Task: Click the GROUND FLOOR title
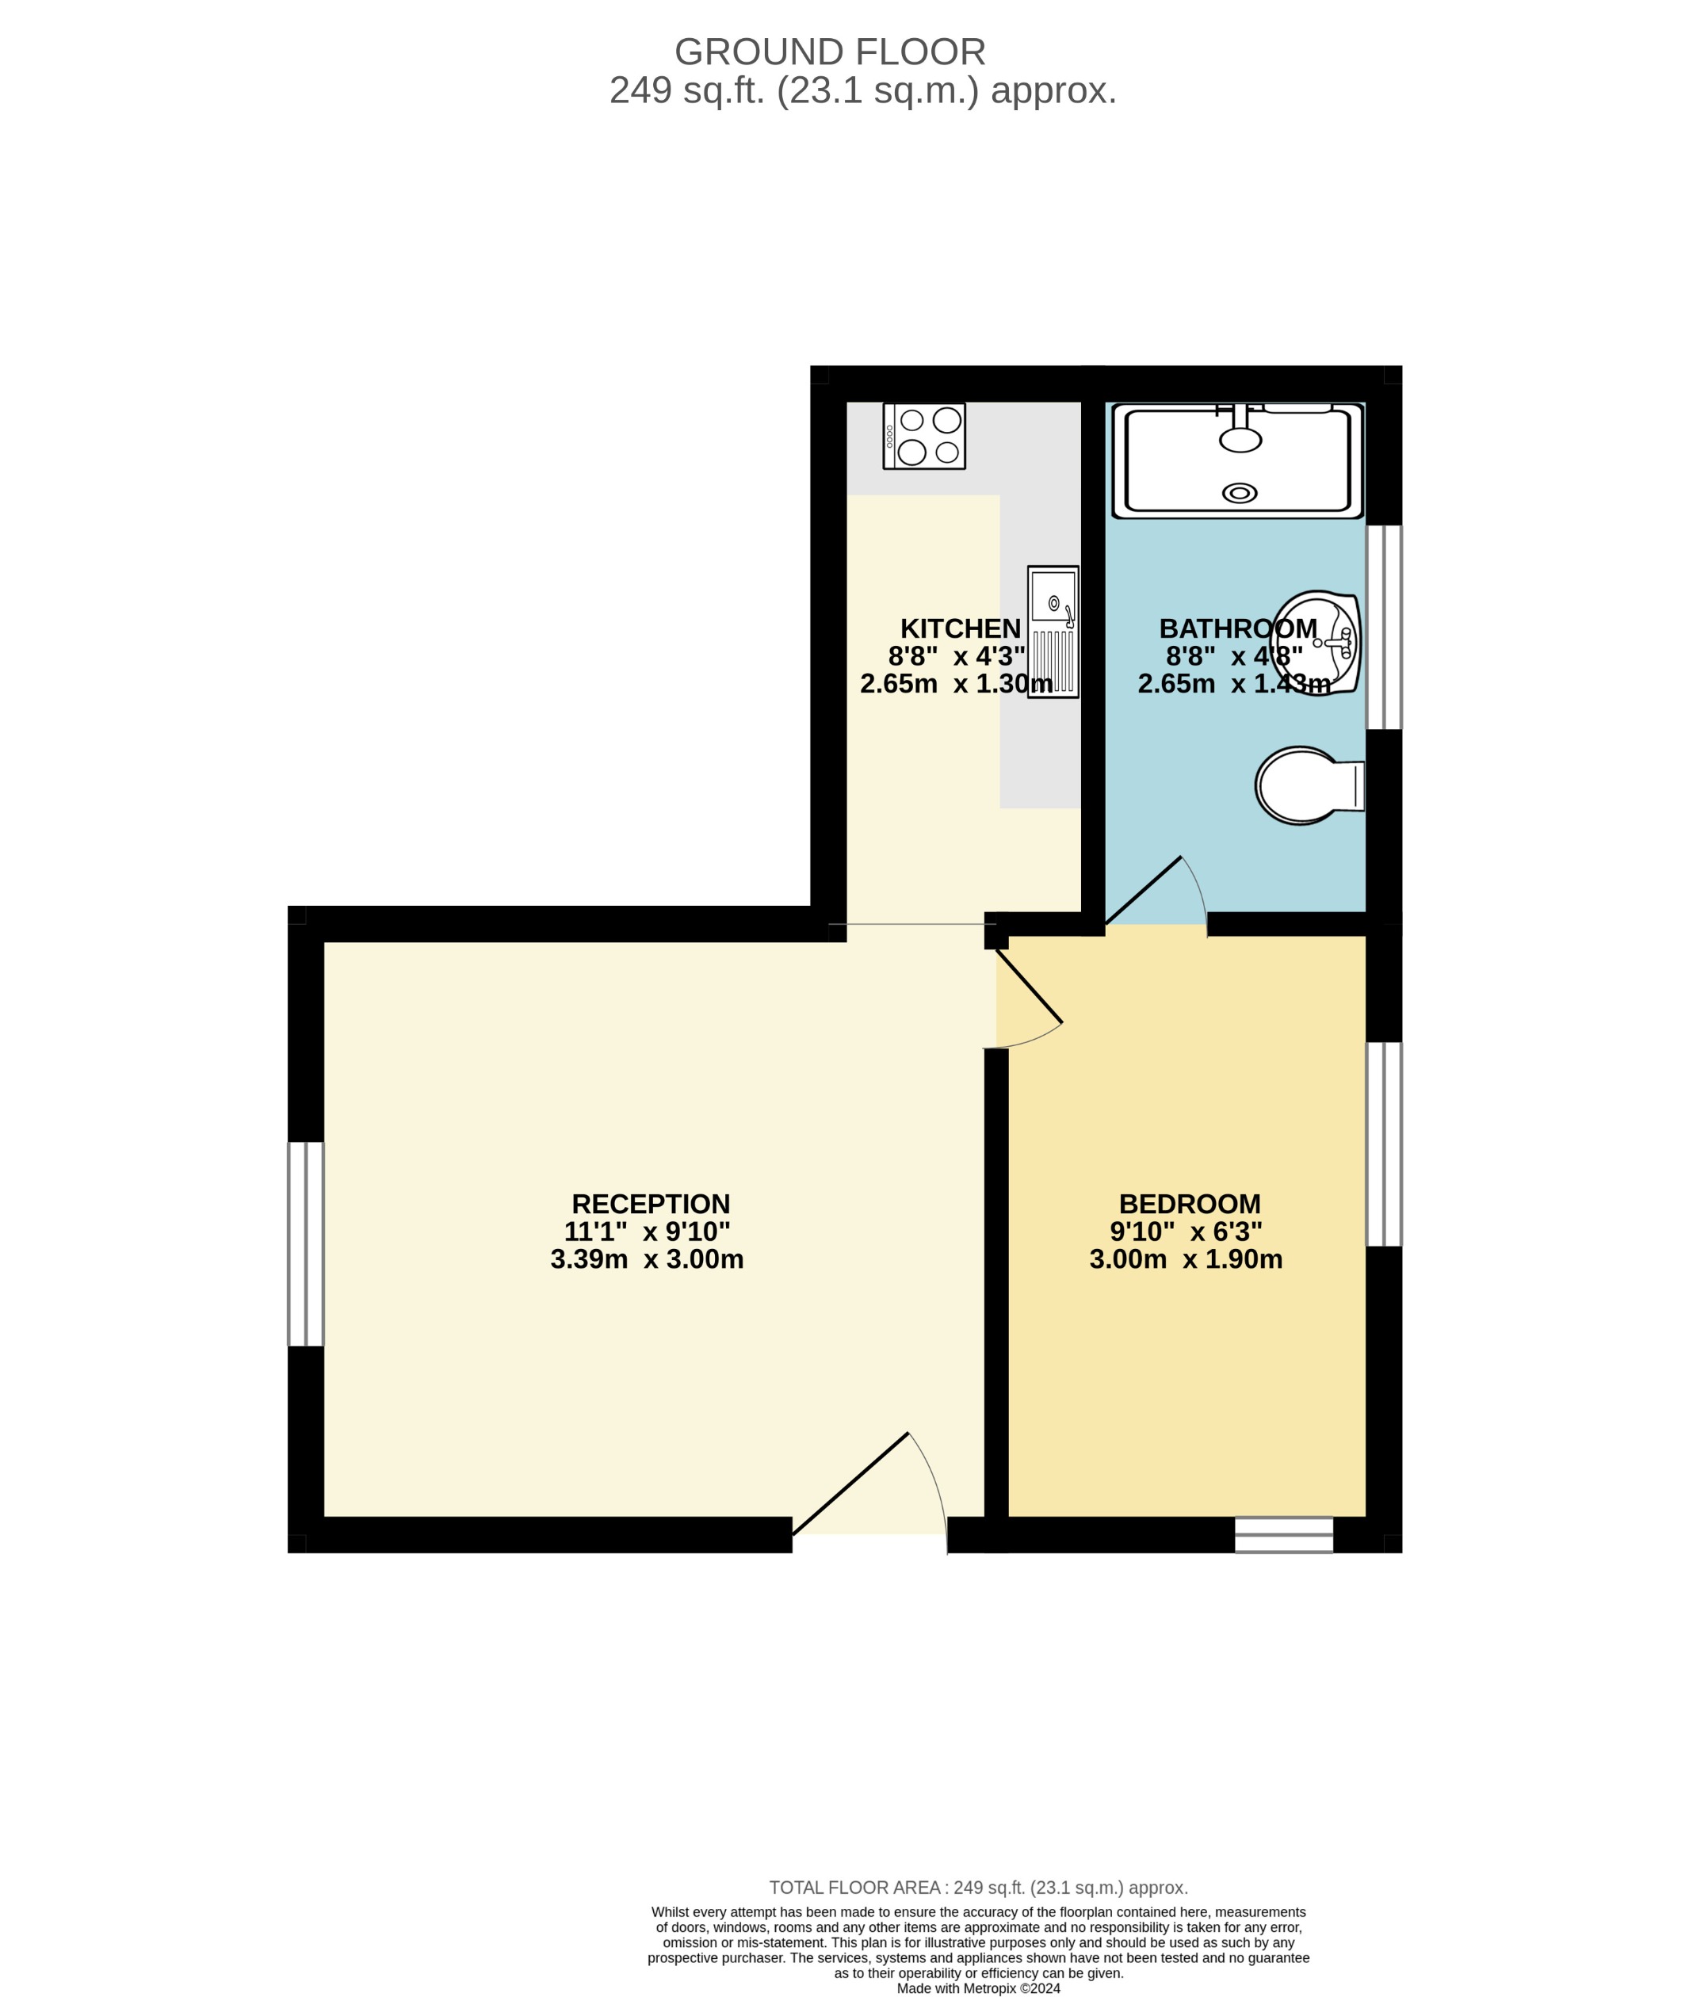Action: point(829,52)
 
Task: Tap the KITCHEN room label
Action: point(961,629)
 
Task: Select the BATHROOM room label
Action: point(1237,629)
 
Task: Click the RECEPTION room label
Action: point(650,1204)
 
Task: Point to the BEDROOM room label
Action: point(1189,1204)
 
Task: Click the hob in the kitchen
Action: point(924,436)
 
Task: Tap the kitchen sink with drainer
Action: point(1053,632)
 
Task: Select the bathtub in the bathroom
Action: point(1238,460)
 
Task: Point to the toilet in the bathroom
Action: point(1307,785)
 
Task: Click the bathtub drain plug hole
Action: point(1240,493)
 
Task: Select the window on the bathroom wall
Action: point(1384,628)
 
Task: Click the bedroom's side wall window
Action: point(1384,1144)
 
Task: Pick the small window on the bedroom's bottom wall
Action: point(1283,1535)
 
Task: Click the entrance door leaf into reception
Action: point(850,1483)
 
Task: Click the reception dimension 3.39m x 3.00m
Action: point(648,1259)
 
